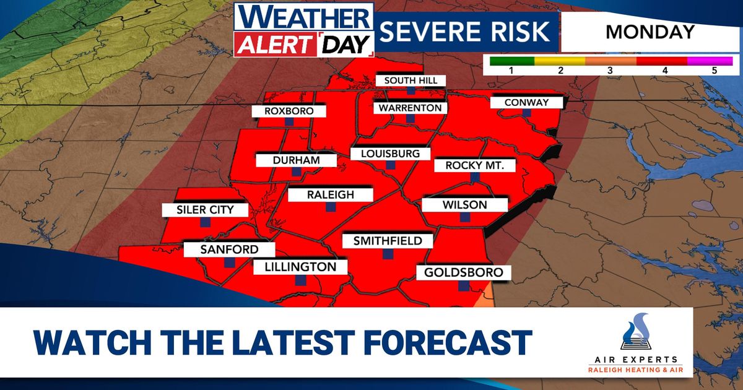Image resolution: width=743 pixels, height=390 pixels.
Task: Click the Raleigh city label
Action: [x=330, y=195]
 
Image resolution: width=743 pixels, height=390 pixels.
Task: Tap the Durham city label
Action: [x=296, y=160]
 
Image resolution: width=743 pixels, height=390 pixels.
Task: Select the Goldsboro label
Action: [x=459, y=272]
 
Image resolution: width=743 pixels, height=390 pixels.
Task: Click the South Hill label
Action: [x=411, y=80]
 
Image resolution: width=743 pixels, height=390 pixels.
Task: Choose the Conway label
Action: [x=526, y=102]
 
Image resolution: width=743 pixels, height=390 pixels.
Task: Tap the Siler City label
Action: [x=204, y=210]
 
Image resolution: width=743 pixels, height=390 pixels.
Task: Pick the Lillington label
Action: [x=300, y=267]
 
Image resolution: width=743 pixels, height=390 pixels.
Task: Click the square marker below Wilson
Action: [x=464, y=217]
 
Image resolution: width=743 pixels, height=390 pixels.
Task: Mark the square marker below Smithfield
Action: [x=388, y=253]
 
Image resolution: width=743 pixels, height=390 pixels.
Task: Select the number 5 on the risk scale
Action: [x=714, y=71]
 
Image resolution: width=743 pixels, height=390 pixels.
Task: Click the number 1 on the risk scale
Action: [x=511, y=71]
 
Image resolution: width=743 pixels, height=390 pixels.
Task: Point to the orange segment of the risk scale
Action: [x=610, y=61]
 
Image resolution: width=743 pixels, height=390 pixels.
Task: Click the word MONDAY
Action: [x=650, y=32]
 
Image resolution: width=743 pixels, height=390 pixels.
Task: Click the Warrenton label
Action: [x=411, y=108]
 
